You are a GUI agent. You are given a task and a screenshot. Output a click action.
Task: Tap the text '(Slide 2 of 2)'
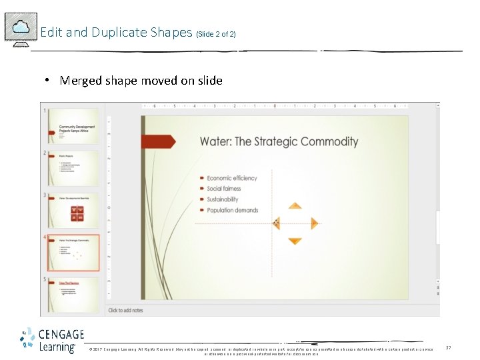click(x=216, y=34)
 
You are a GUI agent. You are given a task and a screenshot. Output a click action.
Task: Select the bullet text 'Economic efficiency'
click(x=231, y=178)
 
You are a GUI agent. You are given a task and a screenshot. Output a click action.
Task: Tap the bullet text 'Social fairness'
click(x=223, y=189)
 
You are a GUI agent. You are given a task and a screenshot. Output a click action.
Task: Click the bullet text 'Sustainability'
click(x=222, y=199)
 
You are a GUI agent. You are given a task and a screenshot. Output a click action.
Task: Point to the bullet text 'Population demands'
click(x=232, y=210)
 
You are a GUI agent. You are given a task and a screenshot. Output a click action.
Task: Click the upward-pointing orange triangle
click(x=295, y=206)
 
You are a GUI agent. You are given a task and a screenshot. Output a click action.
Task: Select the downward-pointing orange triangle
click(x=295, y=241)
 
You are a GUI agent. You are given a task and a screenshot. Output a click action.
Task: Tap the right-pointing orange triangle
click(x=314, y=223)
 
